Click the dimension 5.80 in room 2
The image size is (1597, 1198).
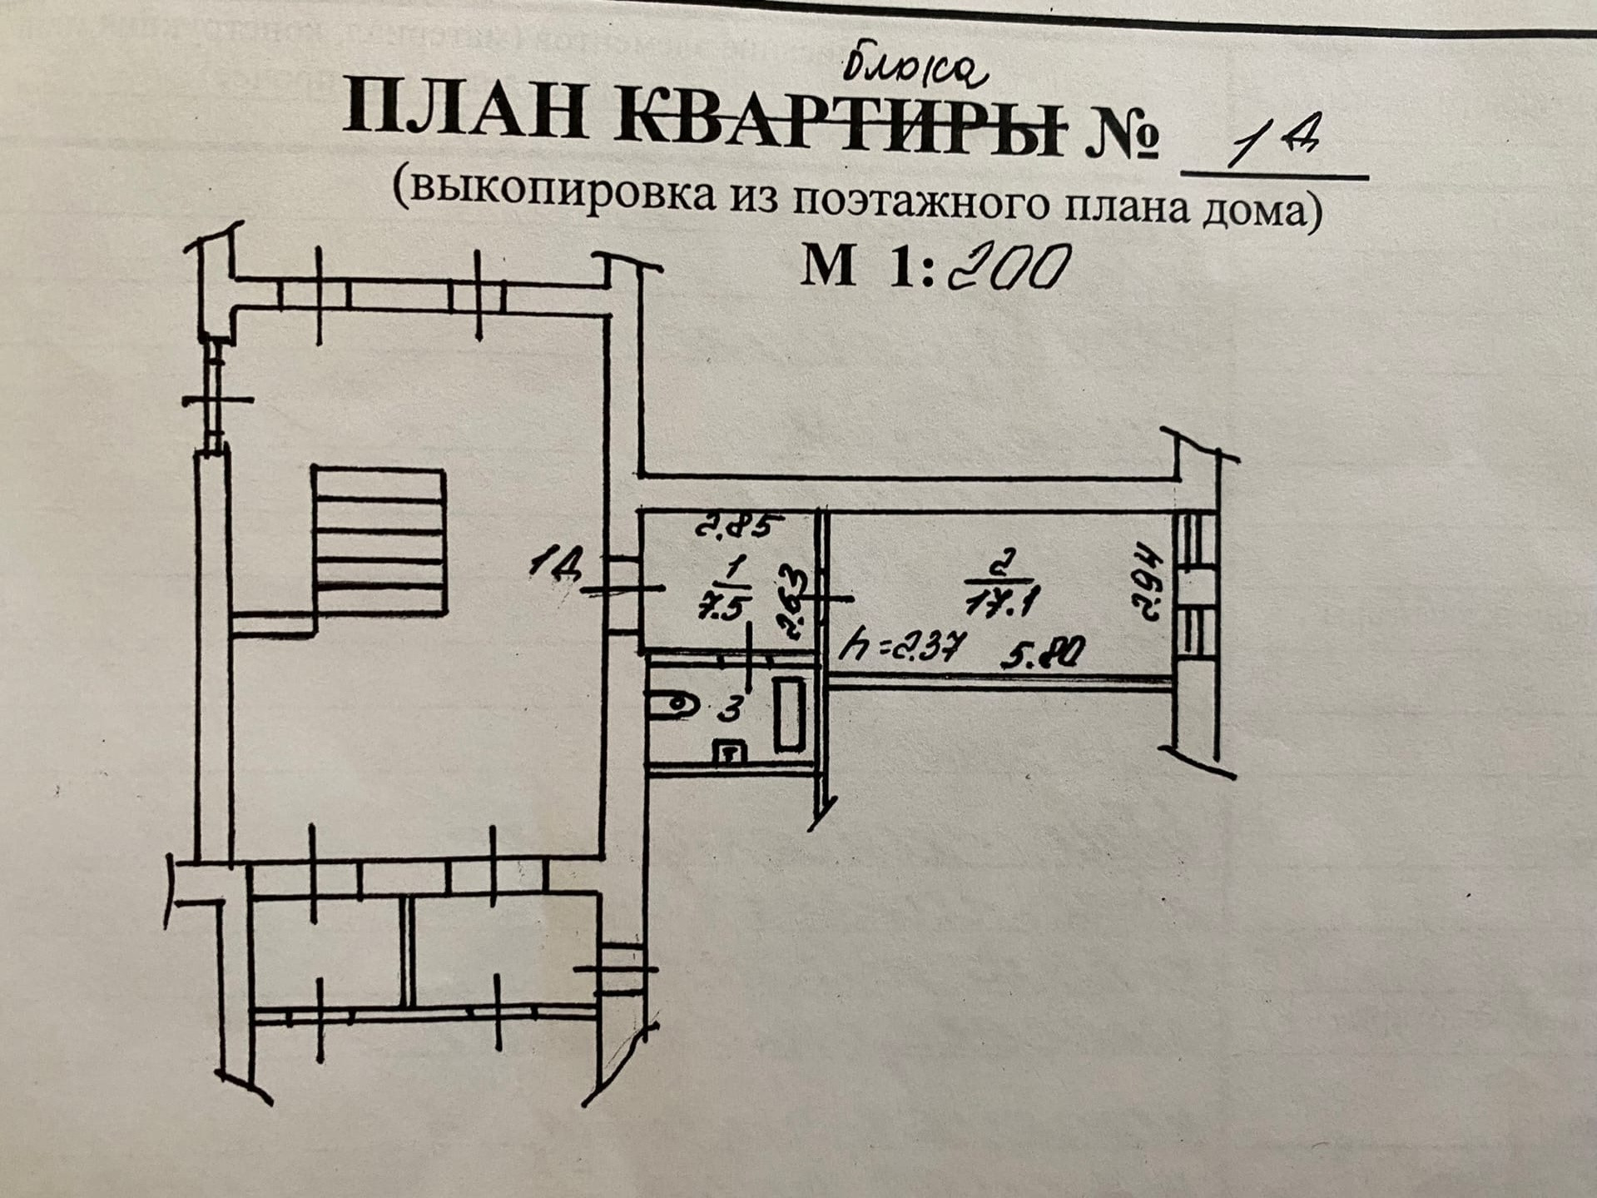pyautogui.click(x=1041, y=654)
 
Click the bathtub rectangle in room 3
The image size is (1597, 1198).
pyautogui.click(x=788, y=714)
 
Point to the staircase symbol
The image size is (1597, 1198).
pyautogui.click(x=379, y=541)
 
